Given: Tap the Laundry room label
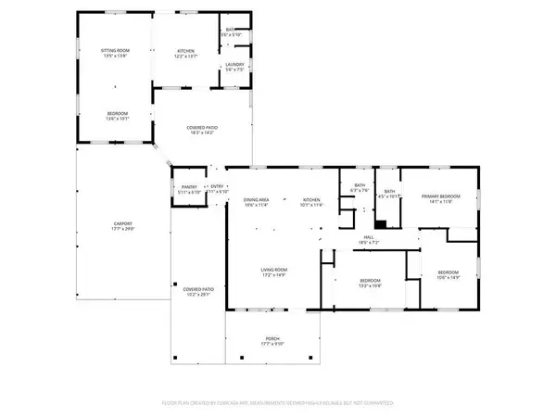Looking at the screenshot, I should pyautogui.click(x=234, y=67).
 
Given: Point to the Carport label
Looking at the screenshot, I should pyautogui.click(x=122, y=225).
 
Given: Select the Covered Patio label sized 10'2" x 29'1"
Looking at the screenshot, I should pyautogui.click(x=198, y=292).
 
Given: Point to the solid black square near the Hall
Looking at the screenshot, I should pyautogui.click(x=379, y=223).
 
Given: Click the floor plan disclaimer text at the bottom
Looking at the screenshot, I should pyautogui.click(x=278, y=404).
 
